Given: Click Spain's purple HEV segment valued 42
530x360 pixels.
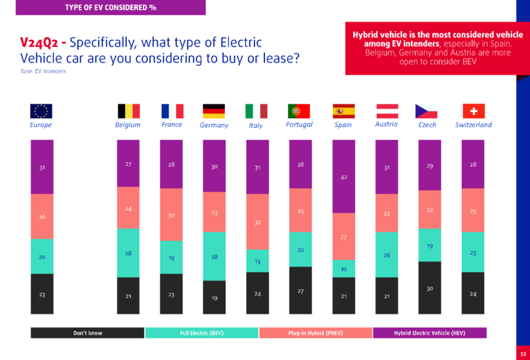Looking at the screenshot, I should tap(344, 176).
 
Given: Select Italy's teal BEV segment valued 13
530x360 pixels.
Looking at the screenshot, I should tap(257, 261).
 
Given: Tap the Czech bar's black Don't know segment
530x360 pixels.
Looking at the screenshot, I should tap(429, 288).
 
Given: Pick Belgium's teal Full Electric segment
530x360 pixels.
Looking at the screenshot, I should tap(128, 253).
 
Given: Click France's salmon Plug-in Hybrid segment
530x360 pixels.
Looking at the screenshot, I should tap(171, 215).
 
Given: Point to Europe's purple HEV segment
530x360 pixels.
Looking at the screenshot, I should tap(42, 167).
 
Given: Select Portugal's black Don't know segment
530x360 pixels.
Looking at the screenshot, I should tap(300, 290).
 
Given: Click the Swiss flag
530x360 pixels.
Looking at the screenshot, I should tap(473, 111).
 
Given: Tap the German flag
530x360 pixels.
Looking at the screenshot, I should tap(214, 111).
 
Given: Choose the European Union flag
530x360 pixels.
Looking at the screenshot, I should tap(41, 111).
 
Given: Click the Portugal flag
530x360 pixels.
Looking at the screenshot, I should tap(299, 111).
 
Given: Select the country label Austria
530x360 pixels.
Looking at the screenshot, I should tap(386, 124).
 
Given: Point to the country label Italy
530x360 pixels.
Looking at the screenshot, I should tap(256, 125).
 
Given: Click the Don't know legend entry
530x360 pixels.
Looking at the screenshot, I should tap(88, 333).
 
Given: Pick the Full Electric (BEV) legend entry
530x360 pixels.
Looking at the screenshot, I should tap(202, 333).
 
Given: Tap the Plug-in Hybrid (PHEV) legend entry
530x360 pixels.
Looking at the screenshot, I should tap(316, 333).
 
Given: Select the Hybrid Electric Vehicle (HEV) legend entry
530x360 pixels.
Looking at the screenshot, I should tap(429, 333).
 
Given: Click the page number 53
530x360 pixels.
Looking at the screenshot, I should tap(523, 353).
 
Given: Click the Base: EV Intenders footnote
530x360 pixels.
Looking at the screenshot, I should tap(43, 71).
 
